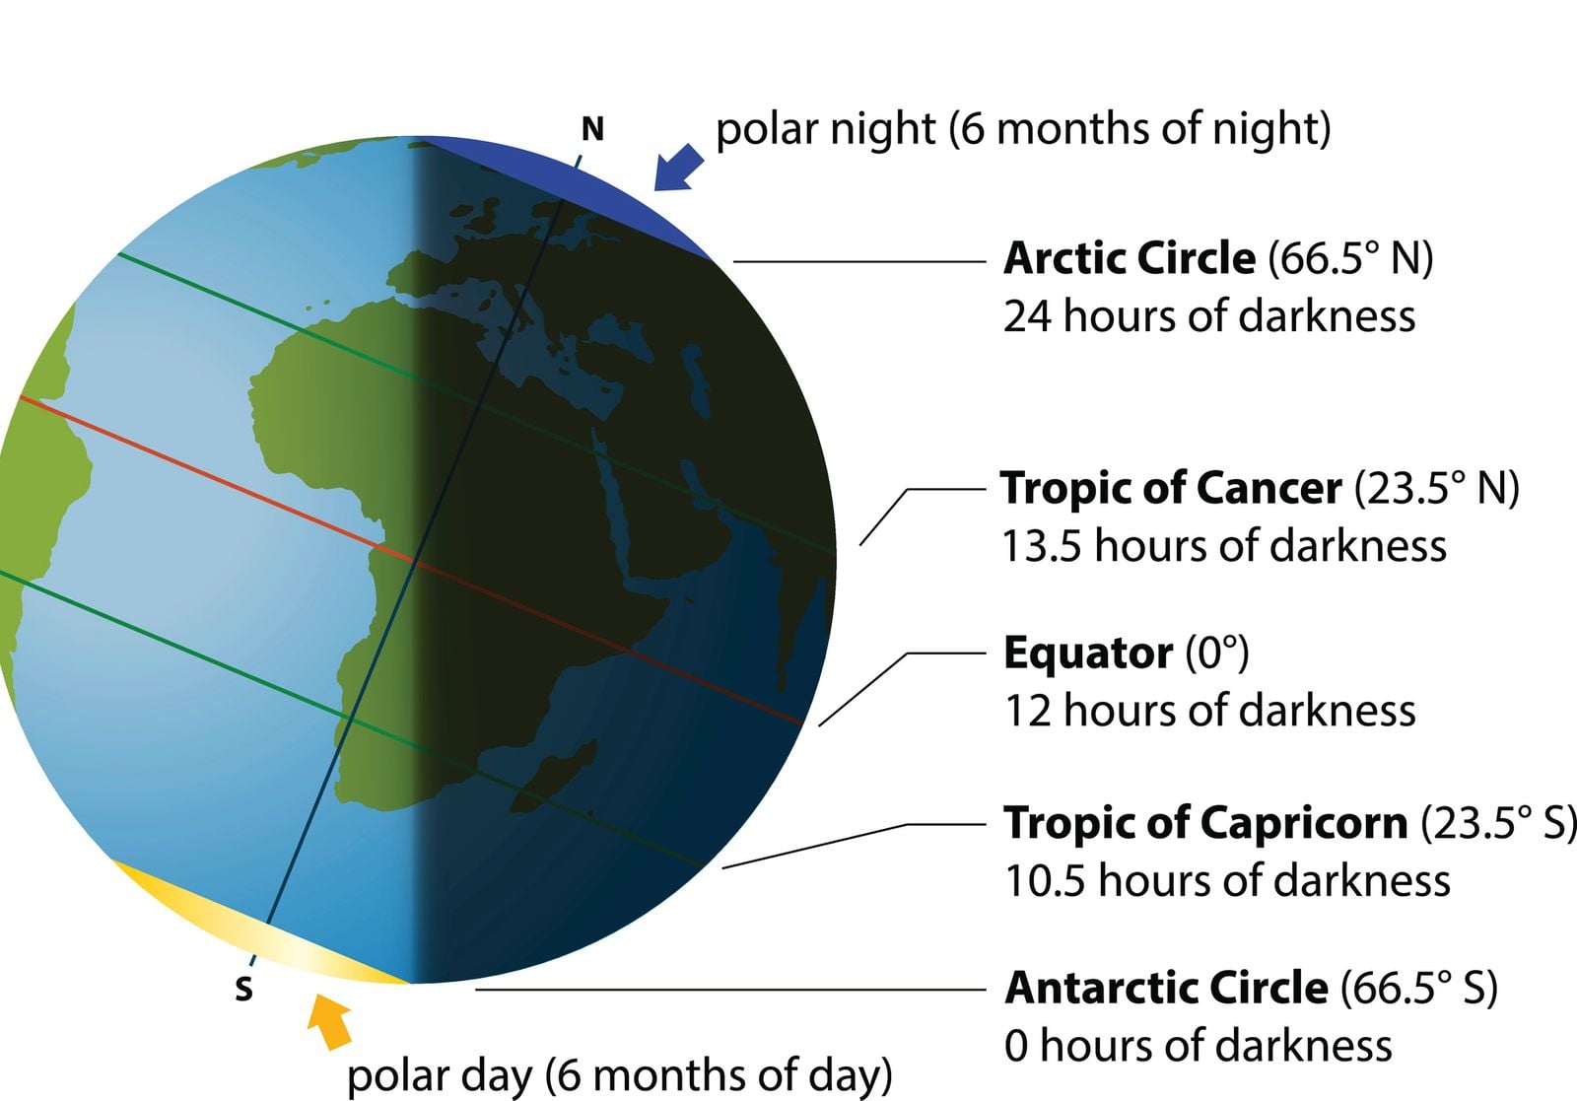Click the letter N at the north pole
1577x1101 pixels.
pyautogui.click(x=592, y=129)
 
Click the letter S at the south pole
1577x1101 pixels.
pyautogui.click(x=243, y=989)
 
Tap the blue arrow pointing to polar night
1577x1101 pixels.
pyautogui.click(x=679, y=166)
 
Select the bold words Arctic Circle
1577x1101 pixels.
pyautogui.click(x=1130, y=258)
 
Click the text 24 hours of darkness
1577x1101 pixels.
pyautogui.click(x=1208, y=316)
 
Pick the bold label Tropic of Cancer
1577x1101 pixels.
pyautogui.click(x=1171, y=488)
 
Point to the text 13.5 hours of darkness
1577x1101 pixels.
pyautogui.click(x=1223, y=546)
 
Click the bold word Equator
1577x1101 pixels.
pyautogui.click(x=1088, y=653)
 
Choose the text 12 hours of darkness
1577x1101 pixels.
pyautogui.click(x=1208, y=711)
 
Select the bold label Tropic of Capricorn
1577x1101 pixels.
pyautogui.click(x=1204, y=822)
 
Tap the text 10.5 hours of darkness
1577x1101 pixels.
pyautogui.click(x=1226, y=880)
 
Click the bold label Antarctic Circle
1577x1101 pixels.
pyautogui.click(x=1166, y=988)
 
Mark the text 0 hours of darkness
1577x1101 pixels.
pyautogui.click(x=1198, y=1046)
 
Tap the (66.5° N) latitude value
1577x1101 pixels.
pyautogui.click(x=1350, y=258)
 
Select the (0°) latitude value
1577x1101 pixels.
pyautogui.click(x=1216, y=653)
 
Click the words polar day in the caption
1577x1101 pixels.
pyautogui.click(x=439, y=1075)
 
